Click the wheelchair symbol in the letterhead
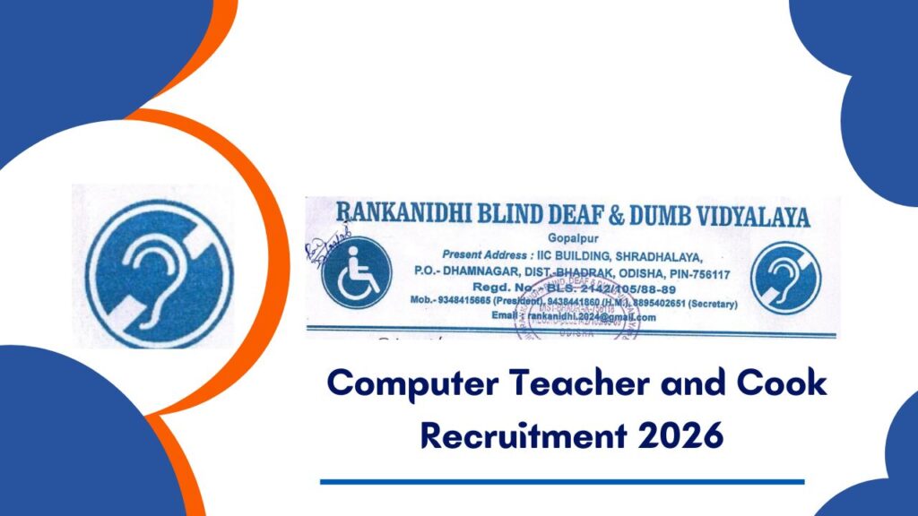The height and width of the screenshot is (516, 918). click(357, 272)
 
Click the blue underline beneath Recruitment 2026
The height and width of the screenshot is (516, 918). click(562, 482)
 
